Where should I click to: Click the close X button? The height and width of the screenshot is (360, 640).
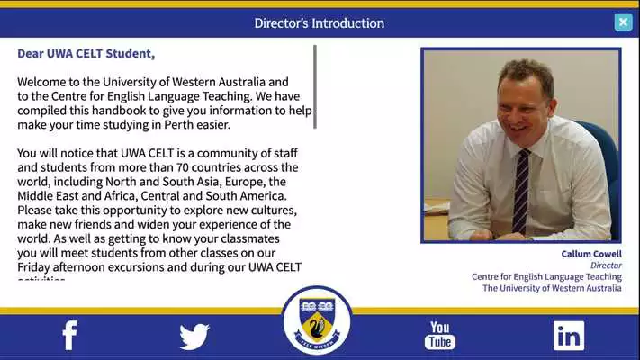pos(623,22)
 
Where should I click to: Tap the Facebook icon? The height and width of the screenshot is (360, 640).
pos(69,335)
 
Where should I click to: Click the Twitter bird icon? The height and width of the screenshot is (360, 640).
pos(194,337)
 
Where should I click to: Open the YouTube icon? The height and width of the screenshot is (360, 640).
pos(440,335)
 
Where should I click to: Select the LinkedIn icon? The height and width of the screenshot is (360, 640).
pos(568,336)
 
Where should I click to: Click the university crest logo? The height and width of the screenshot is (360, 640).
pos(318,320)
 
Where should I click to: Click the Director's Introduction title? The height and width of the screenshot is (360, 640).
pos(319,23)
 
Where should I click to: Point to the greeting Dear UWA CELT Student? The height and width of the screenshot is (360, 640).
pos(86,54)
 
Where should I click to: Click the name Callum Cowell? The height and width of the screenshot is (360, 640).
pos(590,255)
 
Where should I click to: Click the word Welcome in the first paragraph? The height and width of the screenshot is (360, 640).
pos(42,81)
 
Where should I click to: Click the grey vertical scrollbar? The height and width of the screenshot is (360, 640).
pos(315,86)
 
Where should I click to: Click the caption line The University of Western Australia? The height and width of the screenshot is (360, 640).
pos(551,288)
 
